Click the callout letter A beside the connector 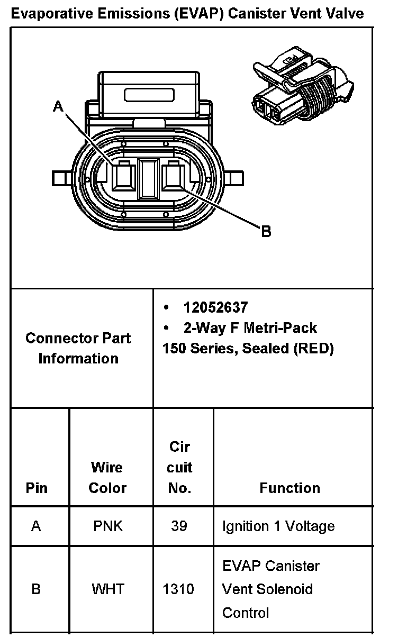[x=58, y=107]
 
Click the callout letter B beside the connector [x=266, y=231]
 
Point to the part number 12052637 [x=215, y=307]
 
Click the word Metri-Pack [x=281, y=328]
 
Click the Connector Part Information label [x=78, y=348]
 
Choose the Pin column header [x=36, y=488]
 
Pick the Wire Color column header [x=107, y=478]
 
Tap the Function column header [x=290, y=488]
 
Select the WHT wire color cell [x=108, y=589]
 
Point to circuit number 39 [x=179, y=526]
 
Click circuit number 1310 [x=179, y=589]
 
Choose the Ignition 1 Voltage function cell [x=278, y=526]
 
